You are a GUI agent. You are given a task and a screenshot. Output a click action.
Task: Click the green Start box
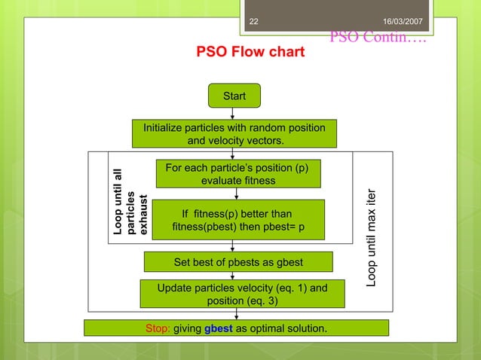234,96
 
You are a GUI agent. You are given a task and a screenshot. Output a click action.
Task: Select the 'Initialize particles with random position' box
234,134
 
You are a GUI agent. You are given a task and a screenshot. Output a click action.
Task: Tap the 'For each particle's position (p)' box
237,173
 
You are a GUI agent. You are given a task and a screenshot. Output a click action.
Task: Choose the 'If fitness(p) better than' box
237,220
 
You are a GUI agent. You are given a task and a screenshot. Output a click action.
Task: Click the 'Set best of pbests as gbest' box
238,262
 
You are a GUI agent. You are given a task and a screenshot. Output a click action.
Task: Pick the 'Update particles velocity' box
242,294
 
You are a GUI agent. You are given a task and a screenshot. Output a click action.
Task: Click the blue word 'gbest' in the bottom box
217,328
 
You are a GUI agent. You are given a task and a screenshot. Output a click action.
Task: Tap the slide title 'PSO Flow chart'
250,53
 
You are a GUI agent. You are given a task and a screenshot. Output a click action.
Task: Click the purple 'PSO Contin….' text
378,36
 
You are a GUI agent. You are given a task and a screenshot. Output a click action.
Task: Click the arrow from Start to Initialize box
234,114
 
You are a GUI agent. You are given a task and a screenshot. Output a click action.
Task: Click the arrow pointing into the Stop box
237,314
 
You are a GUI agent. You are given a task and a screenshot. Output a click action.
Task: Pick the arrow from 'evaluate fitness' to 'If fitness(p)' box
237,194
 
